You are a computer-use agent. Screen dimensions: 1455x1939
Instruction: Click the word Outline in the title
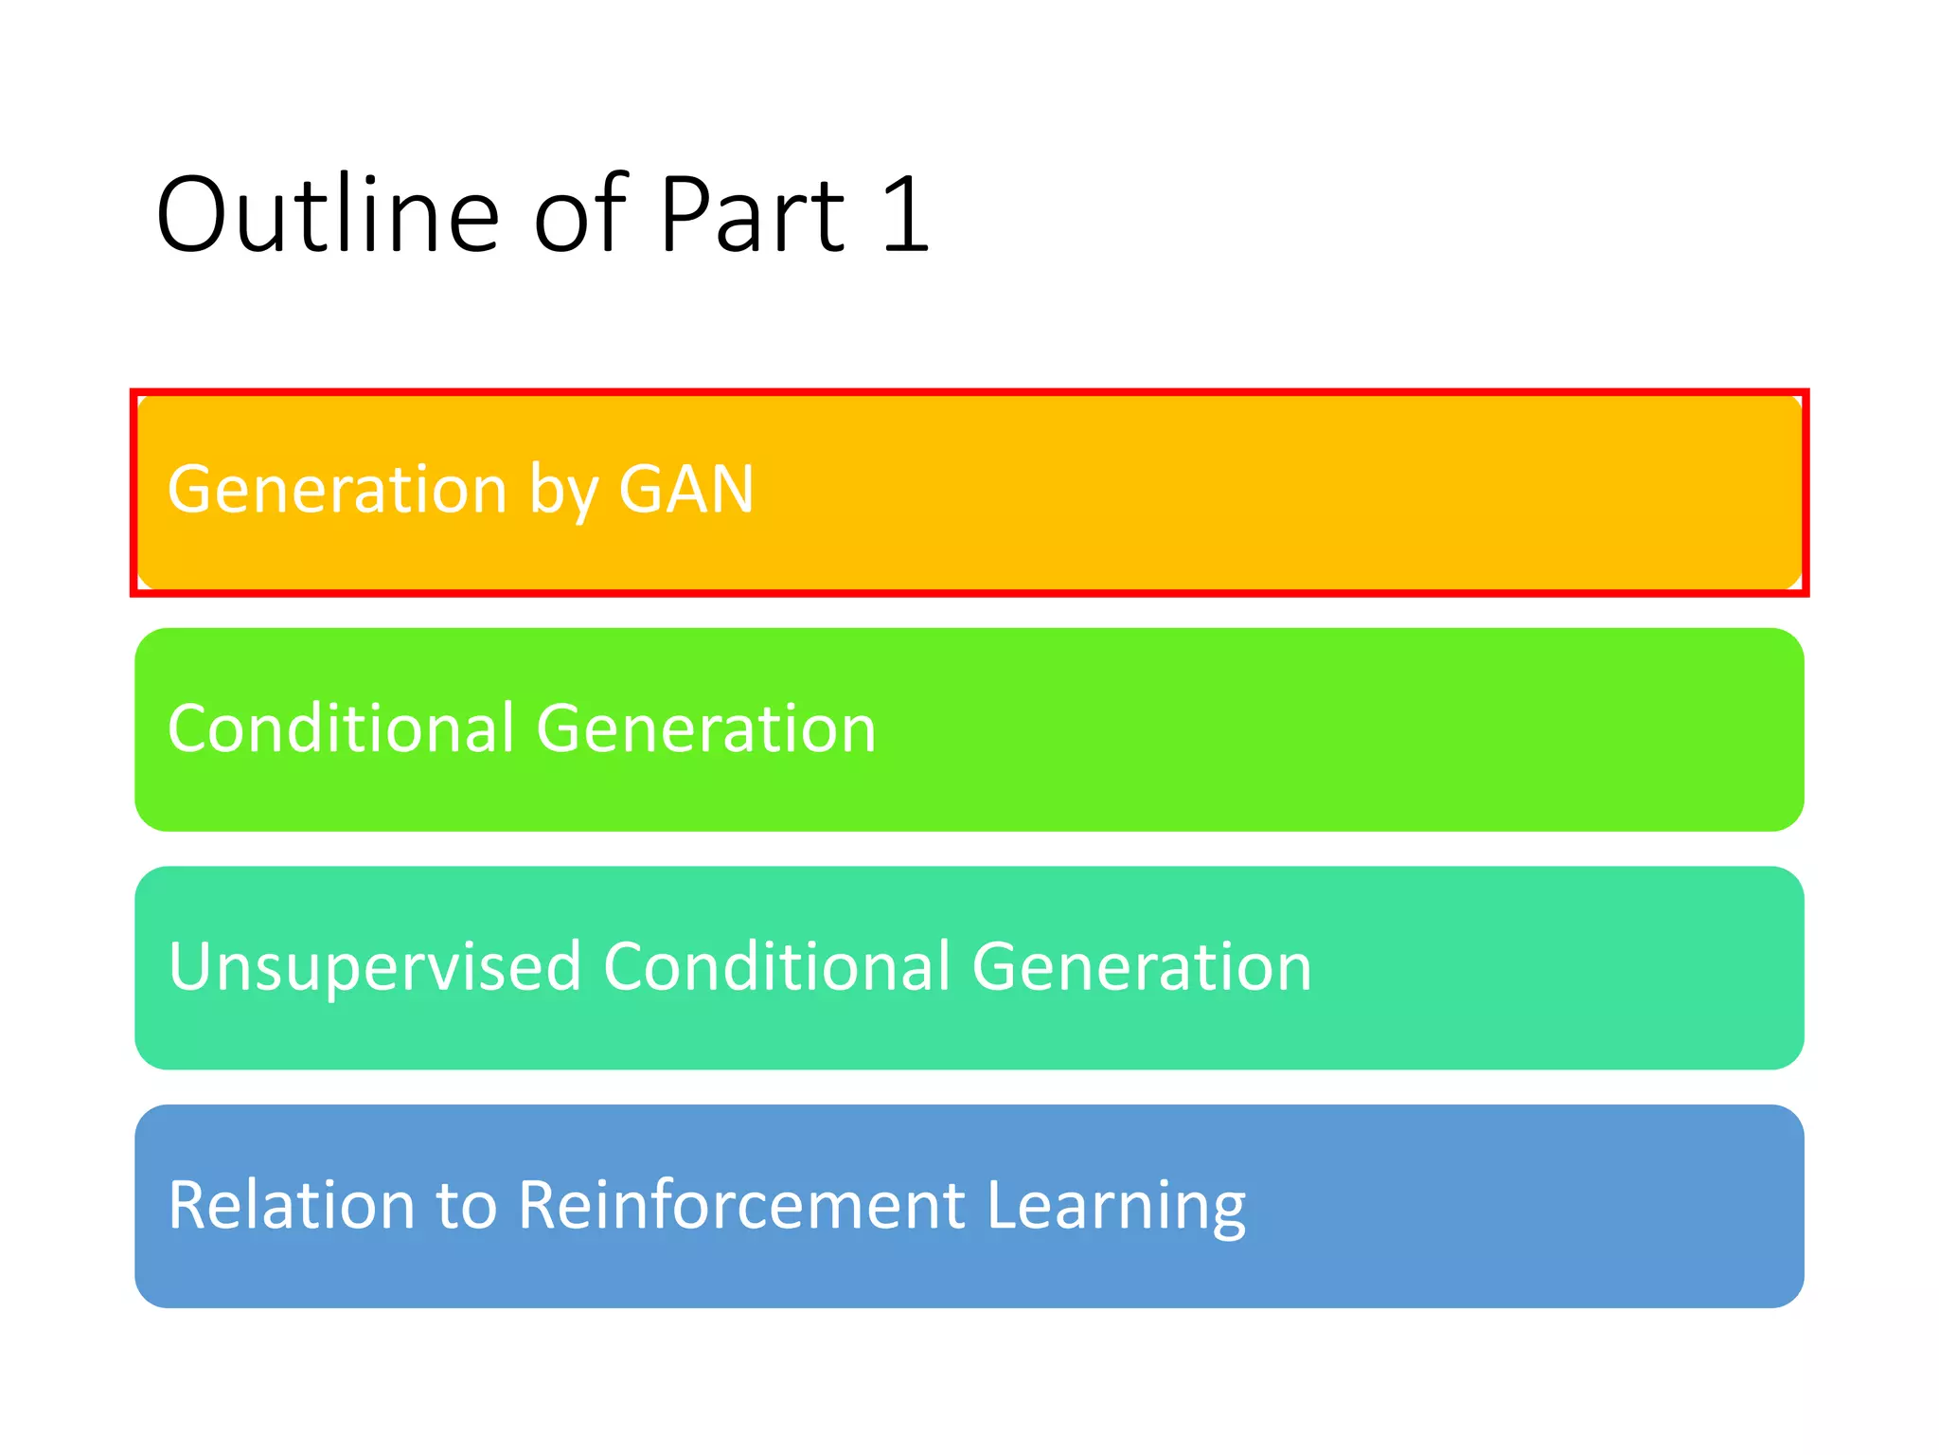(x=327, y=216)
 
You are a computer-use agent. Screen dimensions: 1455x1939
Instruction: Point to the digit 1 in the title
(x=905, y=216)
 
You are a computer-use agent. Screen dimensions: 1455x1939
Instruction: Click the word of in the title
(x=579, y=216)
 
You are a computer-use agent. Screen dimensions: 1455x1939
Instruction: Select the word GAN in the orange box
(x=685, y=490)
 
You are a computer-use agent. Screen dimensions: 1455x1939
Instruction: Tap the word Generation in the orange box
(x=337, y=490)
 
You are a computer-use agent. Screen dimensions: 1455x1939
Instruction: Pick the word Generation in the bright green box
(x=706, y=728)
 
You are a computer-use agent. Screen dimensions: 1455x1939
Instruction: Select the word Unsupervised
(x=375, y=967)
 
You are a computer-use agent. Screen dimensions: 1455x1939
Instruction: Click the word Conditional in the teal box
(x=776, y=967)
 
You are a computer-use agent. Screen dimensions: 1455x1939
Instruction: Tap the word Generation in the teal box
(x=1142, y=967)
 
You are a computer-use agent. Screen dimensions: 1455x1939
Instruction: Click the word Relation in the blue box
(x=292, y=1206)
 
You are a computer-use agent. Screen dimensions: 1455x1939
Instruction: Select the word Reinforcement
(x=742, y=1206)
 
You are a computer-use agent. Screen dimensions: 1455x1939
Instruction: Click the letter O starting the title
(x=193, y=216)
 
